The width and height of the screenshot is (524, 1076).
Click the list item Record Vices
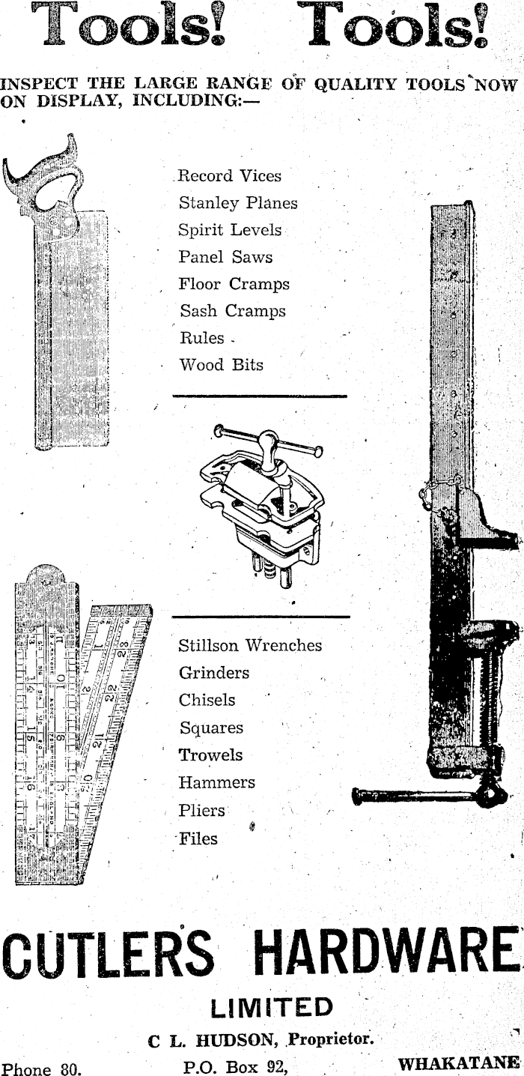[229, 177]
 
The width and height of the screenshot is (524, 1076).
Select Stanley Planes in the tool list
[237, 203]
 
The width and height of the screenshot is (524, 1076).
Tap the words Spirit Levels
[230, 230]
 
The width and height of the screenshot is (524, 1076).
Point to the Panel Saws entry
[225, 257]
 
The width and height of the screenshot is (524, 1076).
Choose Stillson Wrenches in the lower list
[250, 645]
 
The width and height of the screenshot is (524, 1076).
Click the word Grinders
[214, 673]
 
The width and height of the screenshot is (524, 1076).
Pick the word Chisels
[207, 700]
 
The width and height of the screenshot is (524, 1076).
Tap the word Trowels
[210, 755]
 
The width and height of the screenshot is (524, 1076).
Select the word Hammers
[216, 782]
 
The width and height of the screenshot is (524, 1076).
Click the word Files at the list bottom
[198, 838]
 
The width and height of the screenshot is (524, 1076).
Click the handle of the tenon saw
[45, 180]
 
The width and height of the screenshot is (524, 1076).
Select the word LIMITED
[272, 1009]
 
